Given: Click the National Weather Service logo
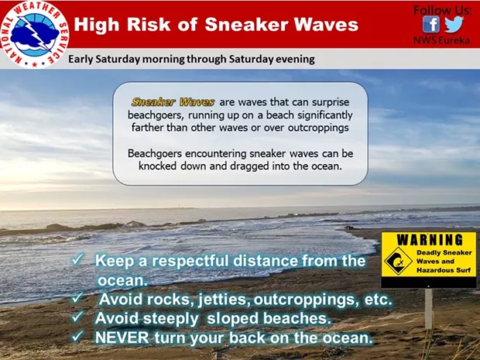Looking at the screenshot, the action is pos(34,34).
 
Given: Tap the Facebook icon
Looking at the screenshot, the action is pos(431,24).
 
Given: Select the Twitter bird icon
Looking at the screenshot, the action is pos(454,24).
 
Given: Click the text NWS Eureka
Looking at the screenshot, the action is pos(441,40).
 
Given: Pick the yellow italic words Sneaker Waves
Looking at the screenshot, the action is pos(173,102).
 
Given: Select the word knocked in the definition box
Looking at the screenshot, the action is pos(157,166).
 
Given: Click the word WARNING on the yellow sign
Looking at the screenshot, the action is pos(430,240).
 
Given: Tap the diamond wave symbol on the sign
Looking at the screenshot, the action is pos(398,262).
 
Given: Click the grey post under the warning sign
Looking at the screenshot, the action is pos(429,309).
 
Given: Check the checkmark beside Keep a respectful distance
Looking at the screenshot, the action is pos(77,260).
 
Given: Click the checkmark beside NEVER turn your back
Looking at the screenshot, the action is pos(77,337).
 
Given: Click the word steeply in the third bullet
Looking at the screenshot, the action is pos(171,319).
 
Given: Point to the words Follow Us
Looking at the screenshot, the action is pos(443,10).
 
